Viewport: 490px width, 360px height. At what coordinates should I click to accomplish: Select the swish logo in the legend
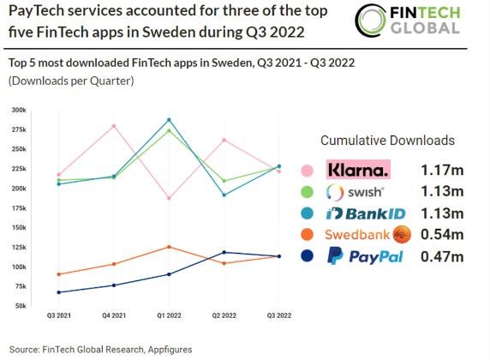coord(356,191)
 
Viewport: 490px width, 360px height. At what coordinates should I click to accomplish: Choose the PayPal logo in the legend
coord(365,256)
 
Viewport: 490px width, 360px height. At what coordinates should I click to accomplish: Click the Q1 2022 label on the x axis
coord(169,316)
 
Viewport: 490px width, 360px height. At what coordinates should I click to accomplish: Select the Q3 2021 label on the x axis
coord(57,316)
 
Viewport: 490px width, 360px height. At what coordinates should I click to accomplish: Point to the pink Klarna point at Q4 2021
coord(113,126)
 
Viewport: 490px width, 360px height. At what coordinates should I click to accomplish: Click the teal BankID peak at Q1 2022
coord(169,120)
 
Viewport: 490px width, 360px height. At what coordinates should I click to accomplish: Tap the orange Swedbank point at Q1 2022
coord(169,247)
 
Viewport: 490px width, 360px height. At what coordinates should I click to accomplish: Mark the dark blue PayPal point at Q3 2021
coord(57,292)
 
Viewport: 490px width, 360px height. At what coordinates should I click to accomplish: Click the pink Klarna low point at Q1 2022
coord(169,198)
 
